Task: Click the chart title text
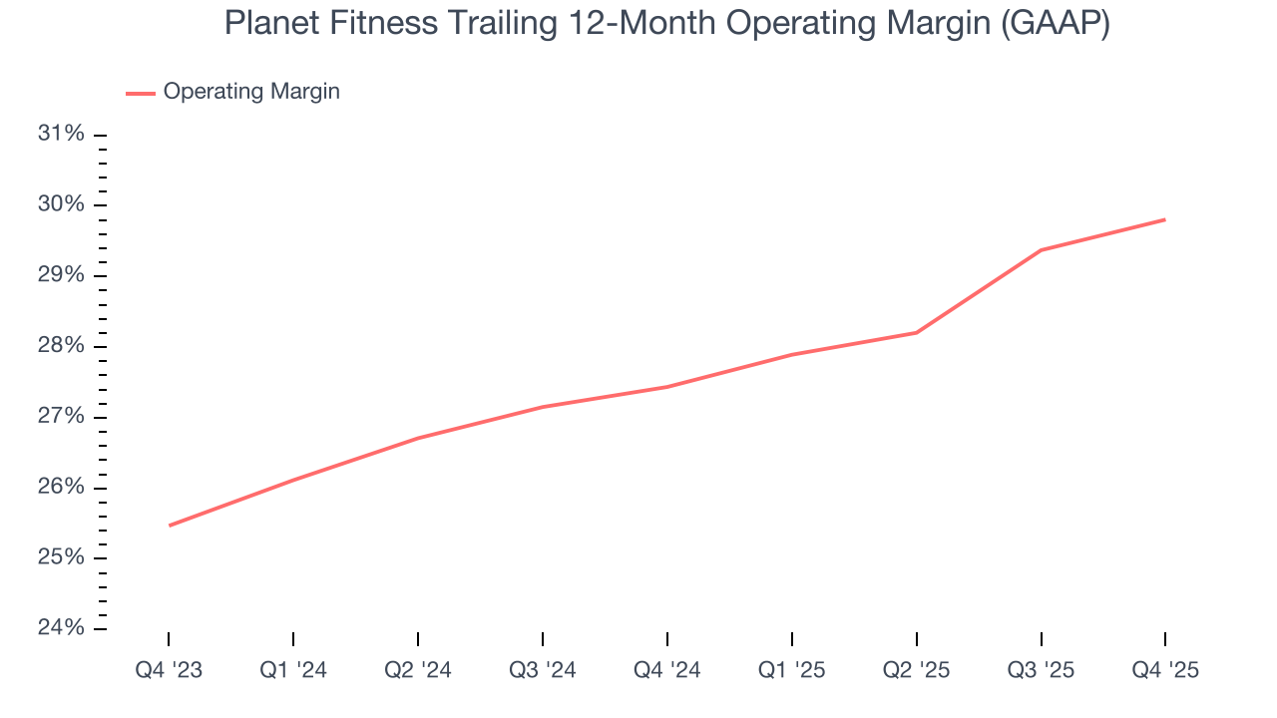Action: coord(666,23)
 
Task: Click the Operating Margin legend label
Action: coord(251,92)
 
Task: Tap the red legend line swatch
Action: coord(141,93)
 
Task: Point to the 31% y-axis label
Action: coord(61,134)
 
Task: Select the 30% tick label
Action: coord(61,204)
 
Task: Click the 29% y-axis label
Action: coord(61,275)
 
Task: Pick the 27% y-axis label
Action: coord(61,416)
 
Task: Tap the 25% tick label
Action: coord(61,557)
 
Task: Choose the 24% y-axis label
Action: coord(61,628)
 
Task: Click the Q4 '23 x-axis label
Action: coord(169,670)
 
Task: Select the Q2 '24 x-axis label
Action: coord(418,670)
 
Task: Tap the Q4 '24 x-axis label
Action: coord(666,670)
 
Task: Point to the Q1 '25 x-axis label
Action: coord(791,670)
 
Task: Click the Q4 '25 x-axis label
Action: coord(1165,670)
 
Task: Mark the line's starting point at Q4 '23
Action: coord(169,526)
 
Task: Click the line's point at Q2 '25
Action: coord(916,332)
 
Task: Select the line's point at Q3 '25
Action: coord(1041,250)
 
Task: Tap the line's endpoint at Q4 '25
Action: coord(1165,219)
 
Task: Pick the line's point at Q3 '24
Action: coord(543,407)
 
